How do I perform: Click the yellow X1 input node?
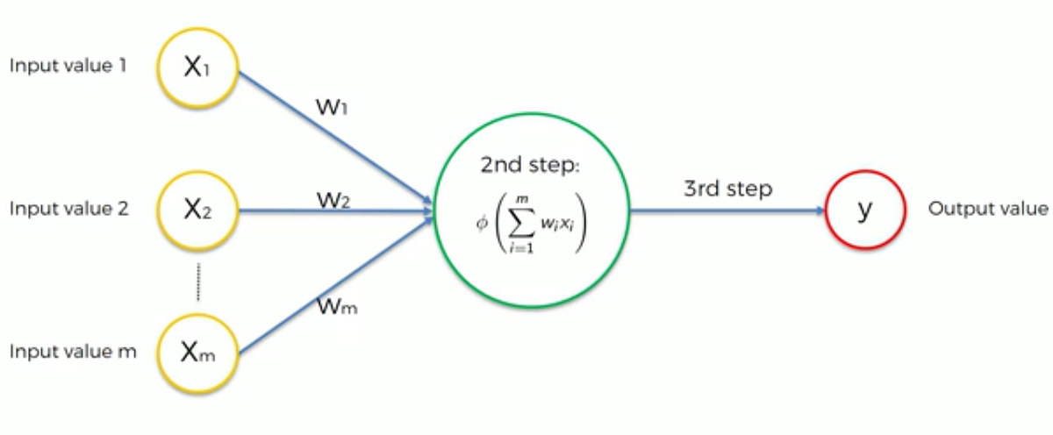pos(197,68)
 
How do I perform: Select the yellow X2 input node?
pos(197,210)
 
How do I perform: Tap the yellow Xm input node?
pos(197,353)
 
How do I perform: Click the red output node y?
pos(864,210)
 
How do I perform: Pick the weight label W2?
pos(334,200)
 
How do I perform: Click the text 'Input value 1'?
pos(67,67)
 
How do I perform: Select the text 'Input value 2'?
pos(68,210)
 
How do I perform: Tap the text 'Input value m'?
pos(73,352)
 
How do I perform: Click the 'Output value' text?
pos(987,209)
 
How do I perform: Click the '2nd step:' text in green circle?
pos(529,166)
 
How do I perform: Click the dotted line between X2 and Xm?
pos(197,281)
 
